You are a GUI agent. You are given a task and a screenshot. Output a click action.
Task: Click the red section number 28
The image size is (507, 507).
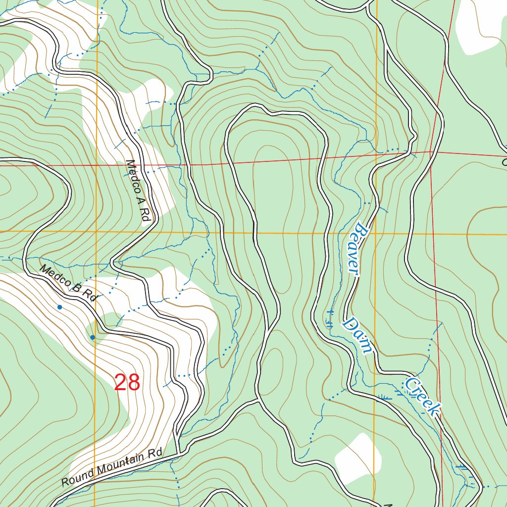click(x=127, y=383)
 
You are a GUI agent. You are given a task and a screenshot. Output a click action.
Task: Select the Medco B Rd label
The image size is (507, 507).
click(x=68, y=284)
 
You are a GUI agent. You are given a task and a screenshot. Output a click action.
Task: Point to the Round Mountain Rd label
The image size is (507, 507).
click(x=112, y=468)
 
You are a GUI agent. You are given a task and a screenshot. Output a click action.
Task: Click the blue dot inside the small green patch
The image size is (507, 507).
click(x=93, y=337)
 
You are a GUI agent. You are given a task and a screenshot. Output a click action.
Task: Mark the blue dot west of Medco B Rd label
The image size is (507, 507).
click(x=60, y=307)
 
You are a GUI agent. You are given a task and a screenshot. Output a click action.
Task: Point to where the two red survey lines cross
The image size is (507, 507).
click(x=431, y=152)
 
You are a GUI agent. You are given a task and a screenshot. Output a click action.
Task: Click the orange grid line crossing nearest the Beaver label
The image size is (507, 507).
click(x=375, y=233)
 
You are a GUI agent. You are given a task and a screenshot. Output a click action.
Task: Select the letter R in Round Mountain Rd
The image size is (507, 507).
click(x=66, y=481)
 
